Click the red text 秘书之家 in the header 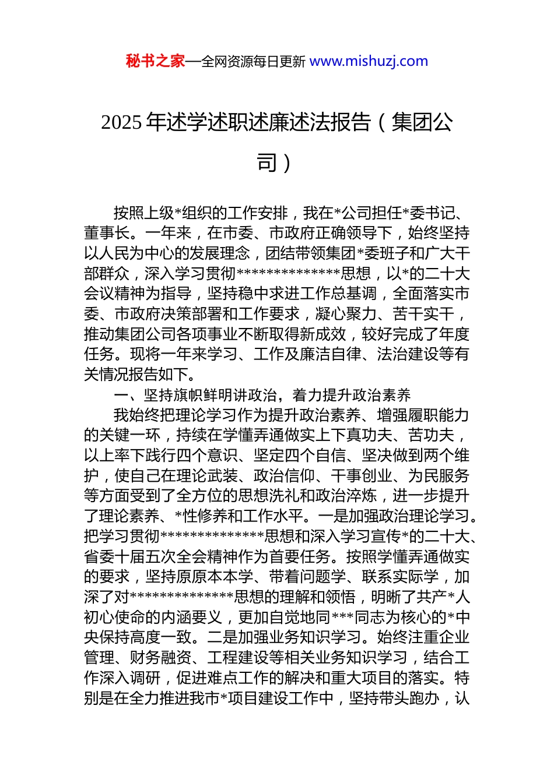pyautogui.click(x=155, y=61)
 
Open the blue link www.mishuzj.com pyautogui.click(x=369, y=61)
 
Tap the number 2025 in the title pyautogui.click(x=121, y=122)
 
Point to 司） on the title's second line pyautogui.click(x=274, y=163)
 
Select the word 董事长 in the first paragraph pyautogui.click(x=107, y=233)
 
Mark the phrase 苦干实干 pyautogui.click(x=423, y=314)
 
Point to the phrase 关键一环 pyautogui.click(x=130, y=435)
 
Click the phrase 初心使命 pyautogui.click(x=115, y=617)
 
